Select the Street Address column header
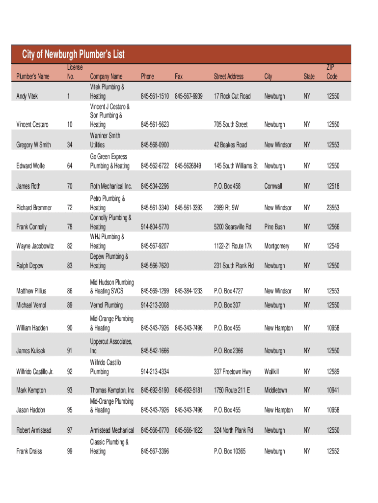[x=228, y=77]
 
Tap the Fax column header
[x=179, y=77]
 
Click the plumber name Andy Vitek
[x=27, y=96]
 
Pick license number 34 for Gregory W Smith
[x=70, y=145]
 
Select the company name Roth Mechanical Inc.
[x=111, y=187]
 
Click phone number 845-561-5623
[x=155, y=125]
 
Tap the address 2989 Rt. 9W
[x=226, y=208]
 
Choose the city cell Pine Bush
[x=274, y=227]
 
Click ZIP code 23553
[x=333, y=208]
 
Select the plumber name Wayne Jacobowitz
[x=35, y=246]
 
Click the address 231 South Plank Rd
[x=234, y=266]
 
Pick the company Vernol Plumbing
[x=106, y=305]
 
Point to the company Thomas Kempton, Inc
[x=112, y=390]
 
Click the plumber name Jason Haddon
[x=31, y=410]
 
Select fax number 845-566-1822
[x=189, y=430]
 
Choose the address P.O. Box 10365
[x=230, y=451]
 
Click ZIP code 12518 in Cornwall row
[x=333, y=187]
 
